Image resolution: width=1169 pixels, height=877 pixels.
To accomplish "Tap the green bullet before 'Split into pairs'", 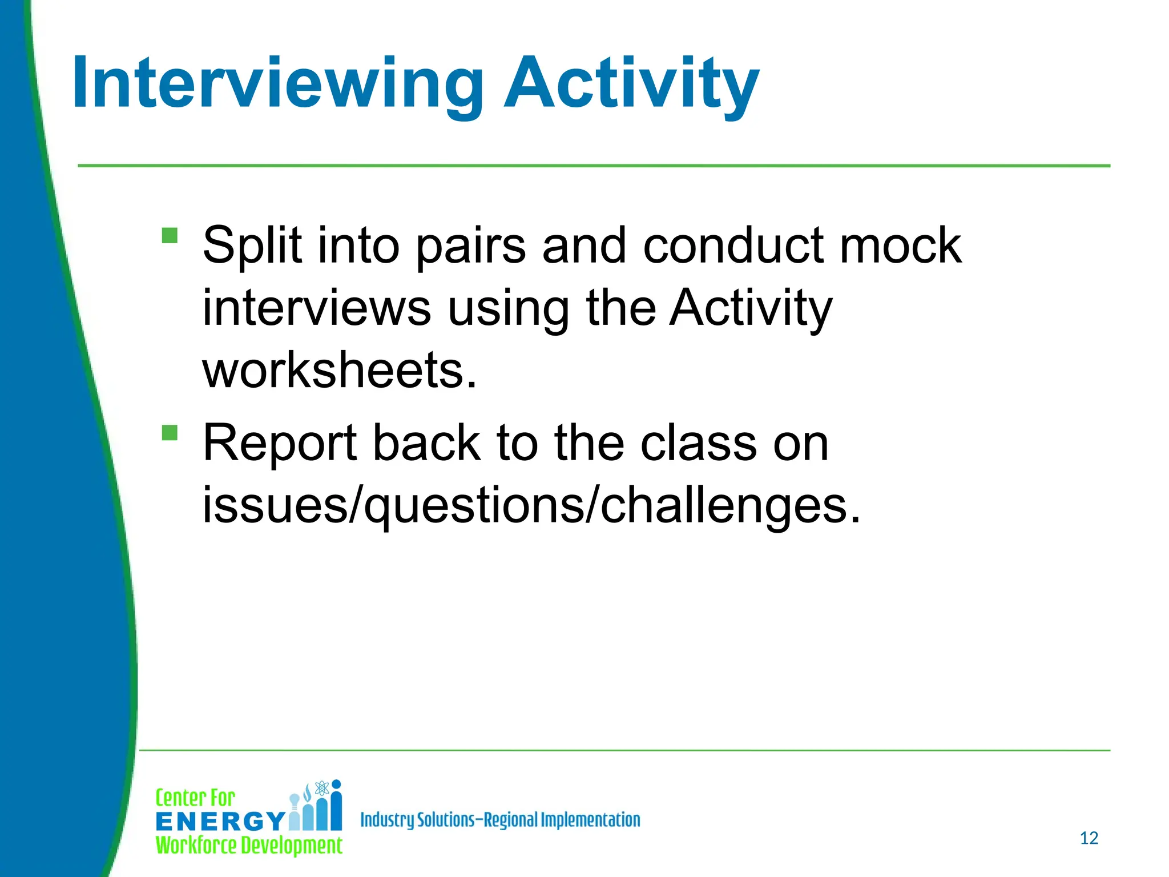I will pyautogui.click(x=170, y=235).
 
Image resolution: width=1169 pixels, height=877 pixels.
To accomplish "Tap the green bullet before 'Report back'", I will pyautogui.click(x=170, y=432).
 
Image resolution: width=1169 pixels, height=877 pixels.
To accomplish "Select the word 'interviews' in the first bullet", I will pyautogui.click(x=317, y=308).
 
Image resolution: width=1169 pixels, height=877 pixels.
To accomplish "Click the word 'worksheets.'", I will pyautogui.click(x=339, y=371).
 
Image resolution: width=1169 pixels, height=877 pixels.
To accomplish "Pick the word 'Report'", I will pyautogui.click(x=280, y=444).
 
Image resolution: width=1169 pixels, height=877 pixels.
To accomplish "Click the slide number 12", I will pyautogui.click(x=1089, y=838).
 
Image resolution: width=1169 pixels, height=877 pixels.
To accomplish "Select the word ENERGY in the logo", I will pyautogui.click(x=220, y=822).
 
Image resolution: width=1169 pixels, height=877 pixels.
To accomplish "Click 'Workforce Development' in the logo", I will pyautogui.click(x=249, y=846).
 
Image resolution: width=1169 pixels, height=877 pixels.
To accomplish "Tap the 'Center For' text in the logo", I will pyautogui.click(x=195, y=798).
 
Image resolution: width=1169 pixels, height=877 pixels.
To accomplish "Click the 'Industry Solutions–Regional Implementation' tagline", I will pyautogui.click(x=500, y=820).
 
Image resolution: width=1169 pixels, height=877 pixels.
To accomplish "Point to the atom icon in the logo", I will pyautogui.click(x=322, y=788).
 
